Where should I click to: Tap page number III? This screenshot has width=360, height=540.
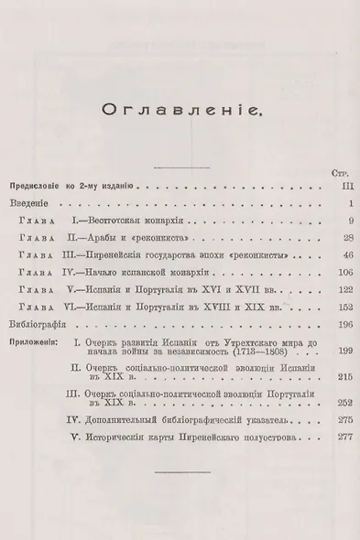(x=334, y=185)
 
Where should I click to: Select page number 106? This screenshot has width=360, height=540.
(x=333, y=272)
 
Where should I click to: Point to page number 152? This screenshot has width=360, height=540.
(x=333, y=307)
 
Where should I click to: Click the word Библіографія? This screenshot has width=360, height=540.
(x=46, y=324)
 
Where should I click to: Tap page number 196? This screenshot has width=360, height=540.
(x=333, y=324)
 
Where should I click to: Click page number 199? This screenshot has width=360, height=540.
(x=333, y=351)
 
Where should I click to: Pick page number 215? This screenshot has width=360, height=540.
(x=333, y=377)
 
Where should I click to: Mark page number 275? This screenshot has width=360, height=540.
(x=333, y=420)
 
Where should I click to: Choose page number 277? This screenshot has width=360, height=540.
(x=333, y=437)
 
